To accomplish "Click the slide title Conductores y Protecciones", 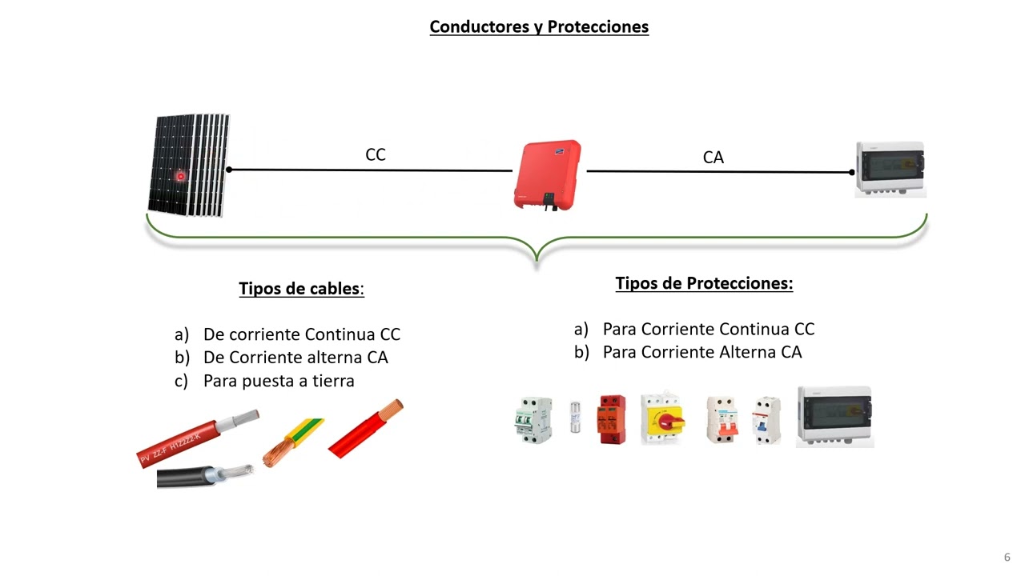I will coord(539,26).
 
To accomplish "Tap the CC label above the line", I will coord(375,154).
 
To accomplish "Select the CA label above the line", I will coord(713,158).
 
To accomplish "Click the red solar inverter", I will coord(548,174).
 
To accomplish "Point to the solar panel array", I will coord(189,165).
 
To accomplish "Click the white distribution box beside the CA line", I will coord(890,169).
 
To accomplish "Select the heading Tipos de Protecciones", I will coord(704,283).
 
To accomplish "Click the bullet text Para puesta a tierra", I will coord(279,381).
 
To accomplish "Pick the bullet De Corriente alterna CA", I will coord(295,358).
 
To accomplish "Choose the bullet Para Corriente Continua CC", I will coord(708,329).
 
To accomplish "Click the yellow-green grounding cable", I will coord(293,442).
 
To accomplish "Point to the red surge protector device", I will coord(613,419).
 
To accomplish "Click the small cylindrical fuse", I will coord(575,418).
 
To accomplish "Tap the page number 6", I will coord(1007,557).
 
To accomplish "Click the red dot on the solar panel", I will coord(181,176).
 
